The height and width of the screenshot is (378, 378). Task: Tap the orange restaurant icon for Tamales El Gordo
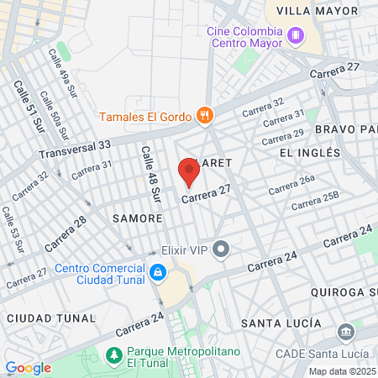click(x=202, y=115)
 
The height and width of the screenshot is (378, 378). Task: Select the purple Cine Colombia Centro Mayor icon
click(x=295, y=36)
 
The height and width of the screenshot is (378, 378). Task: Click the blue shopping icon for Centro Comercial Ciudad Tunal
click(x=157, y=272)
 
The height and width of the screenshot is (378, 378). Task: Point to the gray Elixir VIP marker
click(x=221, y=249)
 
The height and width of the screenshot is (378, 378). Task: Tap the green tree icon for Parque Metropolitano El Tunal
click(x=114, y=356)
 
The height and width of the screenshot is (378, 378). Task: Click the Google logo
click(x=29, y=367)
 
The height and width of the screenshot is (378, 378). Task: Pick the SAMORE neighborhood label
click(x=137, y=218)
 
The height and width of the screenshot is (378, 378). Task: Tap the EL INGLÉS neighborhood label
click(x=310, y=153)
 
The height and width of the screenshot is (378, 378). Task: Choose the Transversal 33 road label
click(x=75, y=150)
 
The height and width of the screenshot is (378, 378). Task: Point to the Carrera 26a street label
click(x=291, y=185)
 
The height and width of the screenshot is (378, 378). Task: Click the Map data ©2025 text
click(x=342, y=370)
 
